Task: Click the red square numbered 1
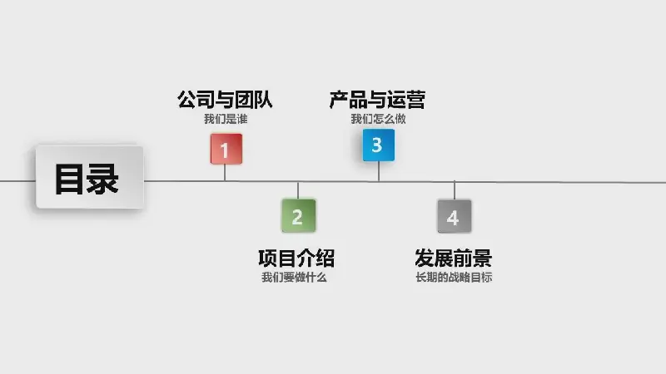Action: pos(226,149)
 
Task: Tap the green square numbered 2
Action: pos(299,215)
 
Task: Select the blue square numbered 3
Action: pos(379,145)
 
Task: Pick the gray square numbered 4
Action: pos(455,216)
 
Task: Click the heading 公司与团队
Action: pos(225,100)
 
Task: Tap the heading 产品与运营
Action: pos(377,100)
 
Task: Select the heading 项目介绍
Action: pos(296,258)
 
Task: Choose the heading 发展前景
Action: pos(454,258)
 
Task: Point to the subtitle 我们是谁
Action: pos(226,119)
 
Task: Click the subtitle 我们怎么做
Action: pos(378,119)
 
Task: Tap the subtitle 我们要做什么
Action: pos(294,278)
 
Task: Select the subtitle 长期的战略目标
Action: pos(454,278)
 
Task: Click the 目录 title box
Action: pos(90,177)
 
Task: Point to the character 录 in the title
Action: pos(102,180)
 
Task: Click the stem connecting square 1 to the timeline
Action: pos(225,173)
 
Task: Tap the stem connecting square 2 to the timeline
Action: pos(298,190)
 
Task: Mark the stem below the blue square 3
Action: pos(379,171)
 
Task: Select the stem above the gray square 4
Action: pos(455,190)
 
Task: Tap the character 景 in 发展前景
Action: pos(483,258)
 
